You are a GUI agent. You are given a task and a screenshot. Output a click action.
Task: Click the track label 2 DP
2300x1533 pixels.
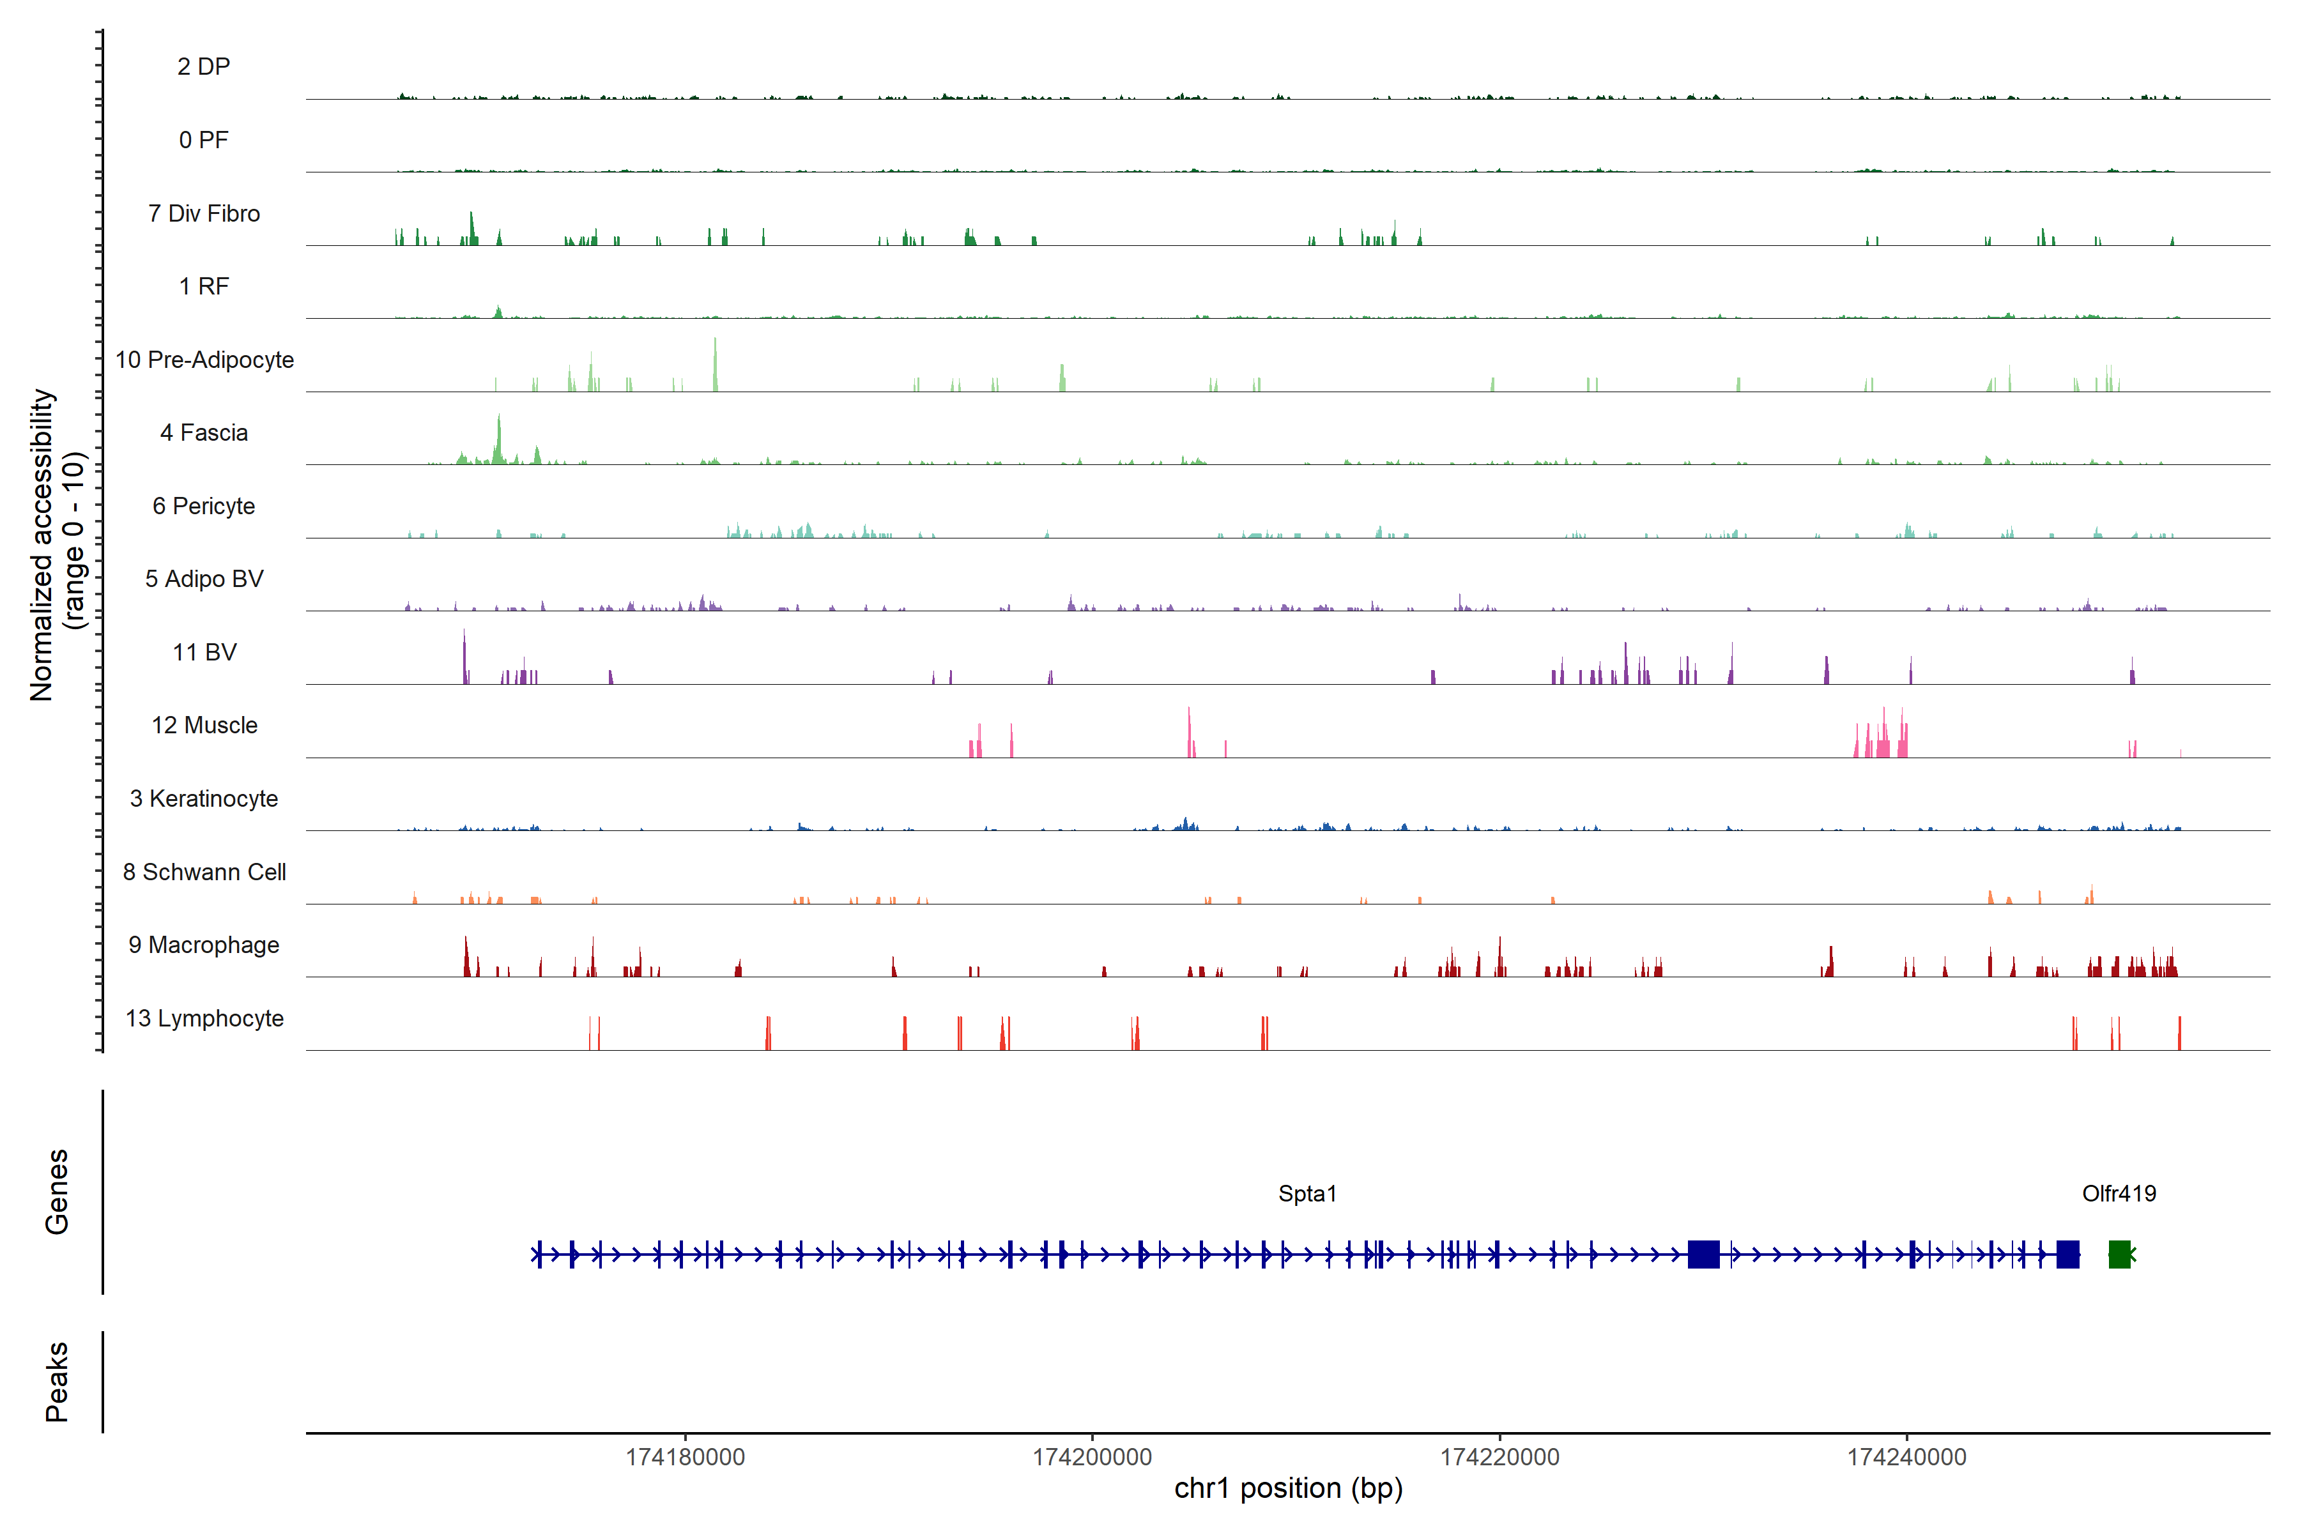[203, 66]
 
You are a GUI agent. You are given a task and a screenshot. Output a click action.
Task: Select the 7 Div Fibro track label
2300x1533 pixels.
[203, 213]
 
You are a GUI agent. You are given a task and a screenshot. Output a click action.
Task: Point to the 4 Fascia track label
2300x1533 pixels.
[203, 433]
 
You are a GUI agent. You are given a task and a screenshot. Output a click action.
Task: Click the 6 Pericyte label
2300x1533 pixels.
[203, 507]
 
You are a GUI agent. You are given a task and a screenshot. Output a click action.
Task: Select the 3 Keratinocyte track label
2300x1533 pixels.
[203, 799]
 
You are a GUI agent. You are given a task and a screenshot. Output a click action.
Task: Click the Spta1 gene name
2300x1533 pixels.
[1307, 1194]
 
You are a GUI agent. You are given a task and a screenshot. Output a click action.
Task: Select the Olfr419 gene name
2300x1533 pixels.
[2118, 1194]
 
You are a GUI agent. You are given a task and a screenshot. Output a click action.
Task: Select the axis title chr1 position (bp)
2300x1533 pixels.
[1288, 1489]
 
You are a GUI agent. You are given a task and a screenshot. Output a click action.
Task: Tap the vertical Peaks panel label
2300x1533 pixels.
[57, 1382]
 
